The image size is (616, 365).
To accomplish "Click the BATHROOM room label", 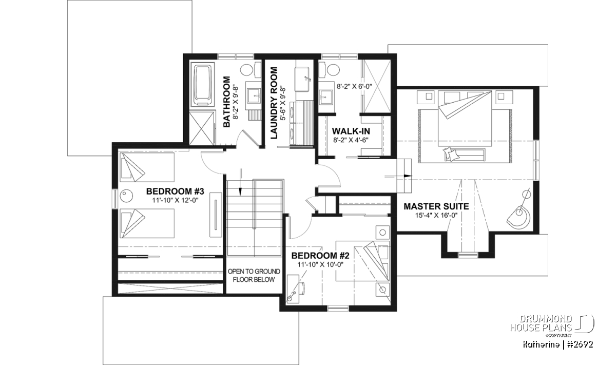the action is [226, 102].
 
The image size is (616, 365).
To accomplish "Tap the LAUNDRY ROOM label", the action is [274, 103].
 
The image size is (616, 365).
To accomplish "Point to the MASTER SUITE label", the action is [436, 206].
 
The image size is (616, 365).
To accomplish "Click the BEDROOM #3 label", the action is [175, 191].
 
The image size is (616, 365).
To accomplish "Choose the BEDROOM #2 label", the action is [320, 256].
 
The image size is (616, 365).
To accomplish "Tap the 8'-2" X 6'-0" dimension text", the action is [354, 86].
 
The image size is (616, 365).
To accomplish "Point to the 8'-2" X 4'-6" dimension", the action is [351, 140].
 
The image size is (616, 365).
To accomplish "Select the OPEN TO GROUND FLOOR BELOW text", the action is [254, 276].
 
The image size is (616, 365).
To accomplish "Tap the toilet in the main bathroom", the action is [251, 70].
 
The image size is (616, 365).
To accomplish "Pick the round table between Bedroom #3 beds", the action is [126, 196].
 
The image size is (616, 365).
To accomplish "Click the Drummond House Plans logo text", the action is [541, 323].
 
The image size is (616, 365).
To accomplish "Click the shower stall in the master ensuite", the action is [377, 86].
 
